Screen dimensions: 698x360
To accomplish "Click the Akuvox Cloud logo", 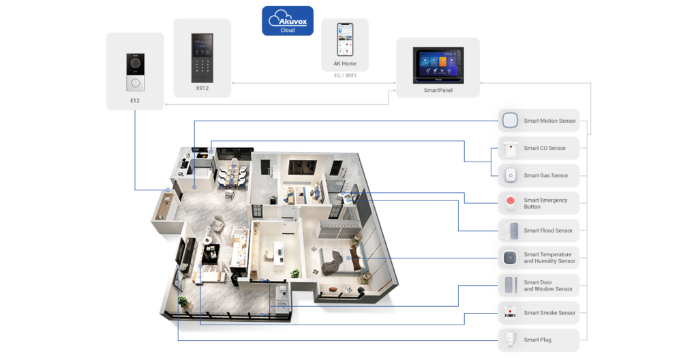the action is (288, 21).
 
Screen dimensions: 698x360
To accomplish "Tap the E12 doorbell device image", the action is (136, 72).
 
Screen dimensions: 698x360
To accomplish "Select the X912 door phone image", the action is (202, 58).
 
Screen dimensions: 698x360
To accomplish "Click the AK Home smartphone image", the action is (345, 40).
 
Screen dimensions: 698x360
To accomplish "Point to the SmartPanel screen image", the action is (438, 65).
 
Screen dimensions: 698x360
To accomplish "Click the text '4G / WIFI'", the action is (345, 75).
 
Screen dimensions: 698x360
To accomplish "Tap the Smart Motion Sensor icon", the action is (510, 120).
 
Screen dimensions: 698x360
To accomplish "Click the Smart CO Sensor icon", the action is (511, 149).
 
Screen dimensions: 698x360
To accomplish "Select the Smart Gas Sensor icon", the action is (511, 175).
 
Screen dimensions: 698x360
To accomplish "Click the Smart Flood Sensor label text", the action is (548, 230).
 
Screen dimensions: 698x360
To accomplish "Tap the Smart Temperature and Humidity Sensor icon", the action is (510, 258).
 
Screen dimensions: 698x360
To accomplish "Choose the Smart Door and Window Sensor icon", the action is (510, 285).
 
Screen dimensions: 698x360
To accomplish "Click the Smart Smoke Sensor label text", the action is (550, 313).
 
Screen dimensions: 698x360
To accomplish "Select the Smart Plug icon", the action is (510, 340).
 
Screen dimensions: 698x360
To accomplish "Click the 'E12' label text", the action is (135, 101).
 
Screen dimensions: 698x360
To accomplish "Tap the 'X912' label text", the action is (202, 88).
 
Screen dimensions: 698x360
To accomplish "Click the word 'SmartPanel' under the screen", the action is (438, 90).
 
